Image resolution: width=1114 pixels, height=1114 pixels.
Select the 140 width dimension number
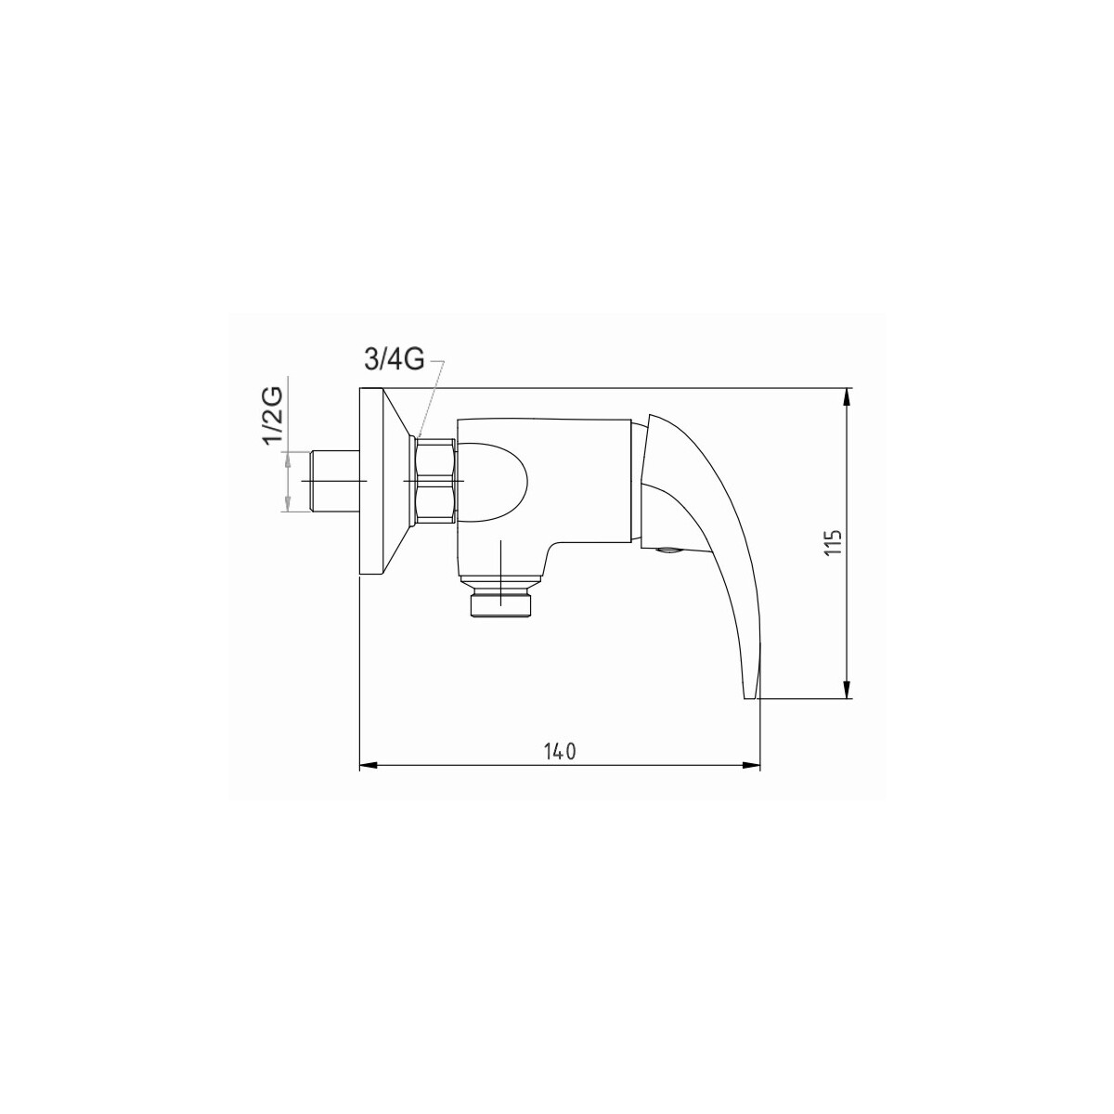pos(560,751)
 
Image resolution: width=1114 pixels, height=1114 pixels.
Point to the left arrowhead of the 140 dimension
pos(369,766)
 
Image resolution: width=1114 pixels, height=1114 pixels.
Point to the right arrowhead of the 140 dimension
pos(751,766)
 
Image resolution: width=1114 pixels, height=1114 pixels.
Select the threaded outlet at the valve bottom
pos(500,605)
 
